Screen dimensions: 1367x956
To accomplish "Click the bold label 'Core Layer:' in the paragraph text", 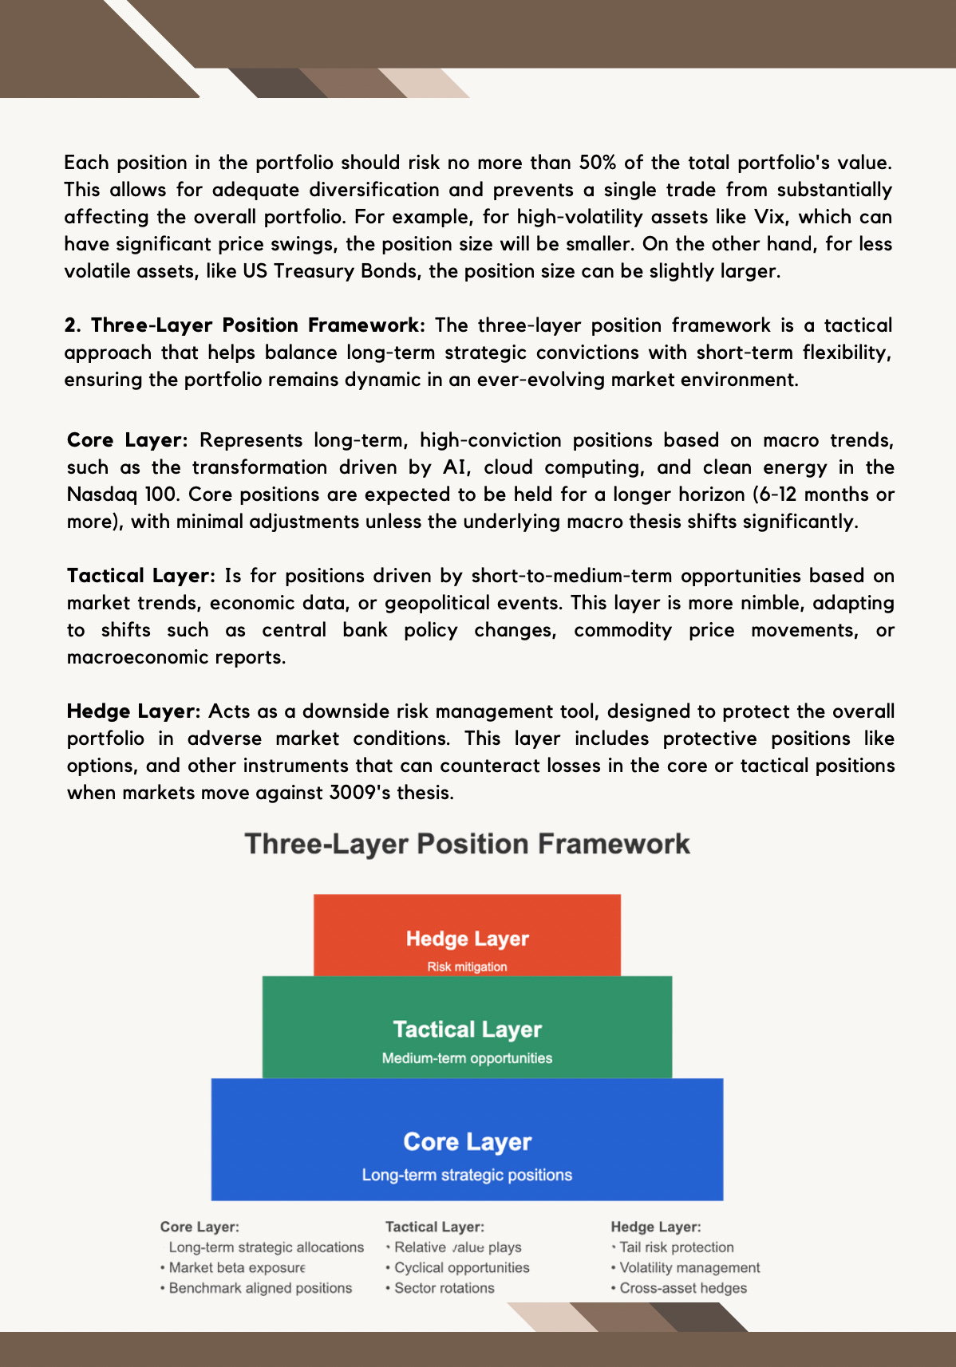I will [128, 440].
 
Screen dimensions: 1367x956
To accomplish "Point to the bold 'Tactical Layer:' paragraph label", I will [140, 576].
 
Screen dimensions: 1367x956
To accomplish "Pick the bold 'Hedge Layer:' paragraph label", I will [135, 711].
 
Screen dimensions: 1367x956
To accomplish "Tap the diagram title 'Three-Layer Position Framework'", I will [468, 844].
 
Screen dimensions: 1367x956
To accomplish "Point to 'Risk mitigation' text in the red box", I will [467, 967].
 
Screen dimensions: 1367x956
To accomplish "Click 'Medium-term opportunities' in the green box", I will [467, 1058].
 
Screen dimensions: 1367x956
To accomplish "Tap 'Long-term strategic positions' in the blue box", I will [467, 1175].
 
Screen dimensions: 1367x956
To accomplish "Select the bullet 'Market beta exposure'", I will [237, 1267].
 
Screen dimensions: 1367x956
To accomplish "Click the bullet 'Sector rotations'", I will [444, 1288].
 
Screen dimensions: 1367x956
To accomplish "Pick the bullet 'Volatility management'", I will [689, 1267].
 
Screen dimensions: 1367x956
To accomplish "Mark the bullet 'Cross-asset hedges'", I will [683, 1288].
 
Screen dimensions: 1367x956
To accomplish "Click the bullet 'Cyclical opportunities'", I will [462, 1267].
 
